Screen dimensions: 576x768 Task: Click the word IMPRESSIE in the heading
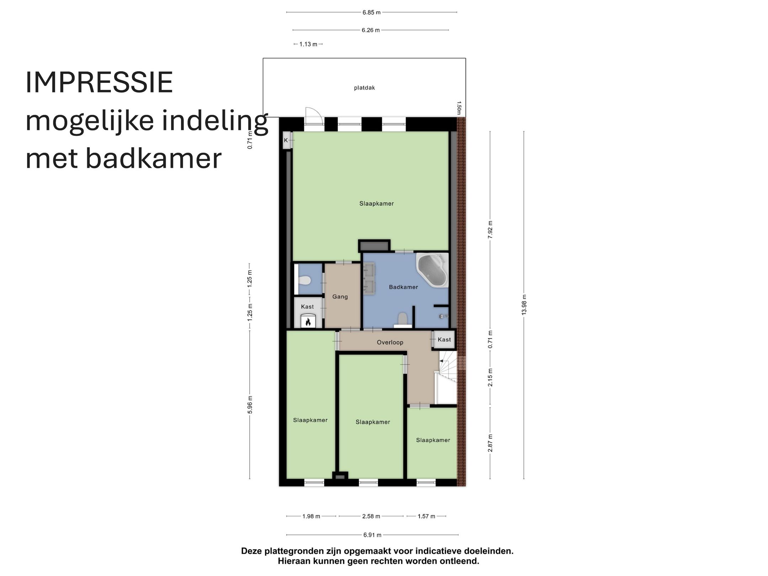pos(99,82)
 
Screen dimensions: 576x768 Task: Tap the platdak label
pos(364,88)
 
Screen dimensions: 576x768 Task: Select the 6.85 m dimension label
pos(371,12)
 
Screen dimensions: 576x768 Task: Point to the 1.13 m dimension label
pos(308,44)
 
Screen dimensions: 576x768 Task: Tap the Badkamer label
pos(403,287)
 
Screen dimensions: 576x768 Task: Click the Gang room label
pos(340,297)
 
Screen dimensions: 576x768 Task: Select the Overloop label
pos(390,342)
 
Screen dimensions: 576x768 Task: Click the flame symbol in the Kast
pos(308,322)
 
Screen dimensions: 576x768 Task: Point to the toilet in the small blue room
pos(304,281)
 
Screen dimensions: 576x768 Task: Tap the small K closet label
pos(286,140)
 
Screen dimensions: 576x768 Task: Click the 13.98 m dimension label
pos(524,305)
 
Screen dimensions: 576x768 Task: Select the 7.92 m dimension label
pos(490,229)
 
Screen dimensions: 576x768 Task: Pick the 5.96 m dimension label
pos(250,405)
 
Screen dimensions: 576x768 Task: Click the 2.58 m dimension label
pos(371,516)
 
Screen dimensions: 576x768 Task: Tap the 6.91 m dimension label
pos(372,535)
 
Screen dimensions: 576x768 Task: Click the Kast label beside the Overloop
pos(444,340)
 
